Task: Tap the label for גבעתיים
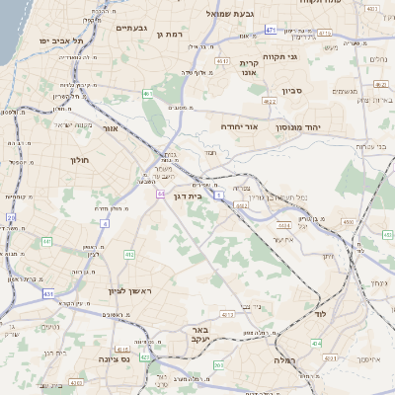(131, 28)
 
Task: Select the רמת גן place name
(173, 35)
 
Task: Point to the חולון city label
(80, 159)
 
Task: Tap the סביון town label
(292, 91)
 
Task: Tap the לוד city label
(319, 313)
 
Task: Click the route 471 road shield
(271, 31)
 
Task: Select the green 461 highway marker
(146, 94)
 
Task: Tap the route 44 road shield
(159, 195)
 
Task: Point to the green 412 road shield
(129, 255)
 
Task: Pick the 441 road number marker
(45, 241)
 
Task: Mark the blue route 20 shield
(11, 217)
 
